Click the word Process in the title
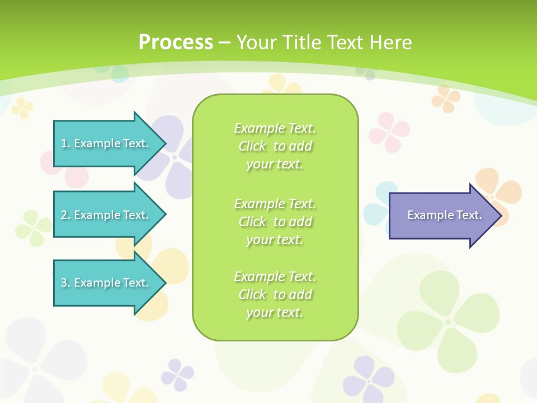(176, 43)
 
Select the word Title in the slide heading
(302, 43)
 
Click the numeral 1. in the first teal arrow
(65, 143)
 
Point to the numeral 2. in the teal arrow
(65, 215)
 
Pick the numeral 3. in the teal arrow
(65, 283)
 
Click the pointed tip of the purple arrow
(501, 215)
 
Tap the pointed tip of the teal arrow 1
(165, 143)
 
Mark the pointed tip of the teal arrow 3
(165, 283)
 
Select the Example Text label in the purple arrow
(445, 215)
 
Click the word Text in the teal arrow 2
(136, 215)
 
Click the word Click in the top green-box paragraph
(252, 147)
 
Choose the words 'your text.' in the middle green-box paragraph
(275, 240)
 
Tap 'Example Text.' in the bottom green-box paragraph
(275, 277)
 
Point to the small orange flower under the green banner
(446, 98)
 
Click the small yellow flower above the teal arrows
(22, 107)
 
